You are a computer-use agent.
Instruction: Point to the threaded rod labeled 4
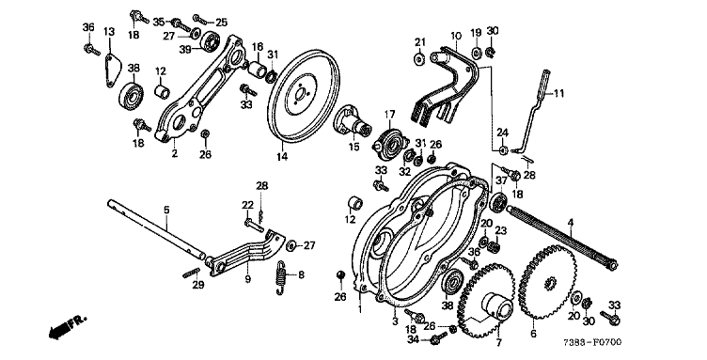[x=561, y=238]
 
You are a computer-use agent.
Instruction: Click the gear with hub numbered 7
[x=486, y=301]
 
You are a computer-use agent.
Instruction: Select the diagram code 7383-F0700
[x=592, y=342]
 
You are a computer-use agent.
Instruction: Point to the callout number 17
[x=389, y=115]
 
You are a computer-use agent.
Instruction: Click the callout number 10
[x=456, y=36]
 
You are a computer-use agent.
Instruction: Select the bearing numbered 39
[x=210, y=41]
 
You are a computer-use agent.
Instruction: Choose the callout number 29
[x=198, y=285]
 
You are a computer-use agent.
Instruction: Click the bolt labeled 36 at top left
[x=92, y=49]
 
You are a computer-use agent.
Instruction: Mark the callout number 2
[x=175, y=153]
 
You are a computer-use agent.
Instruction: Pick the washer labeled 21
[x=419, y=59]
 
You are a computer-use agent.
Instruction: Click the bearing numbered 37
[x=497, y=202]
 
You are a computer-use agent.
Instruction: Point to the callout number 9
[x=247, y=279]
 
